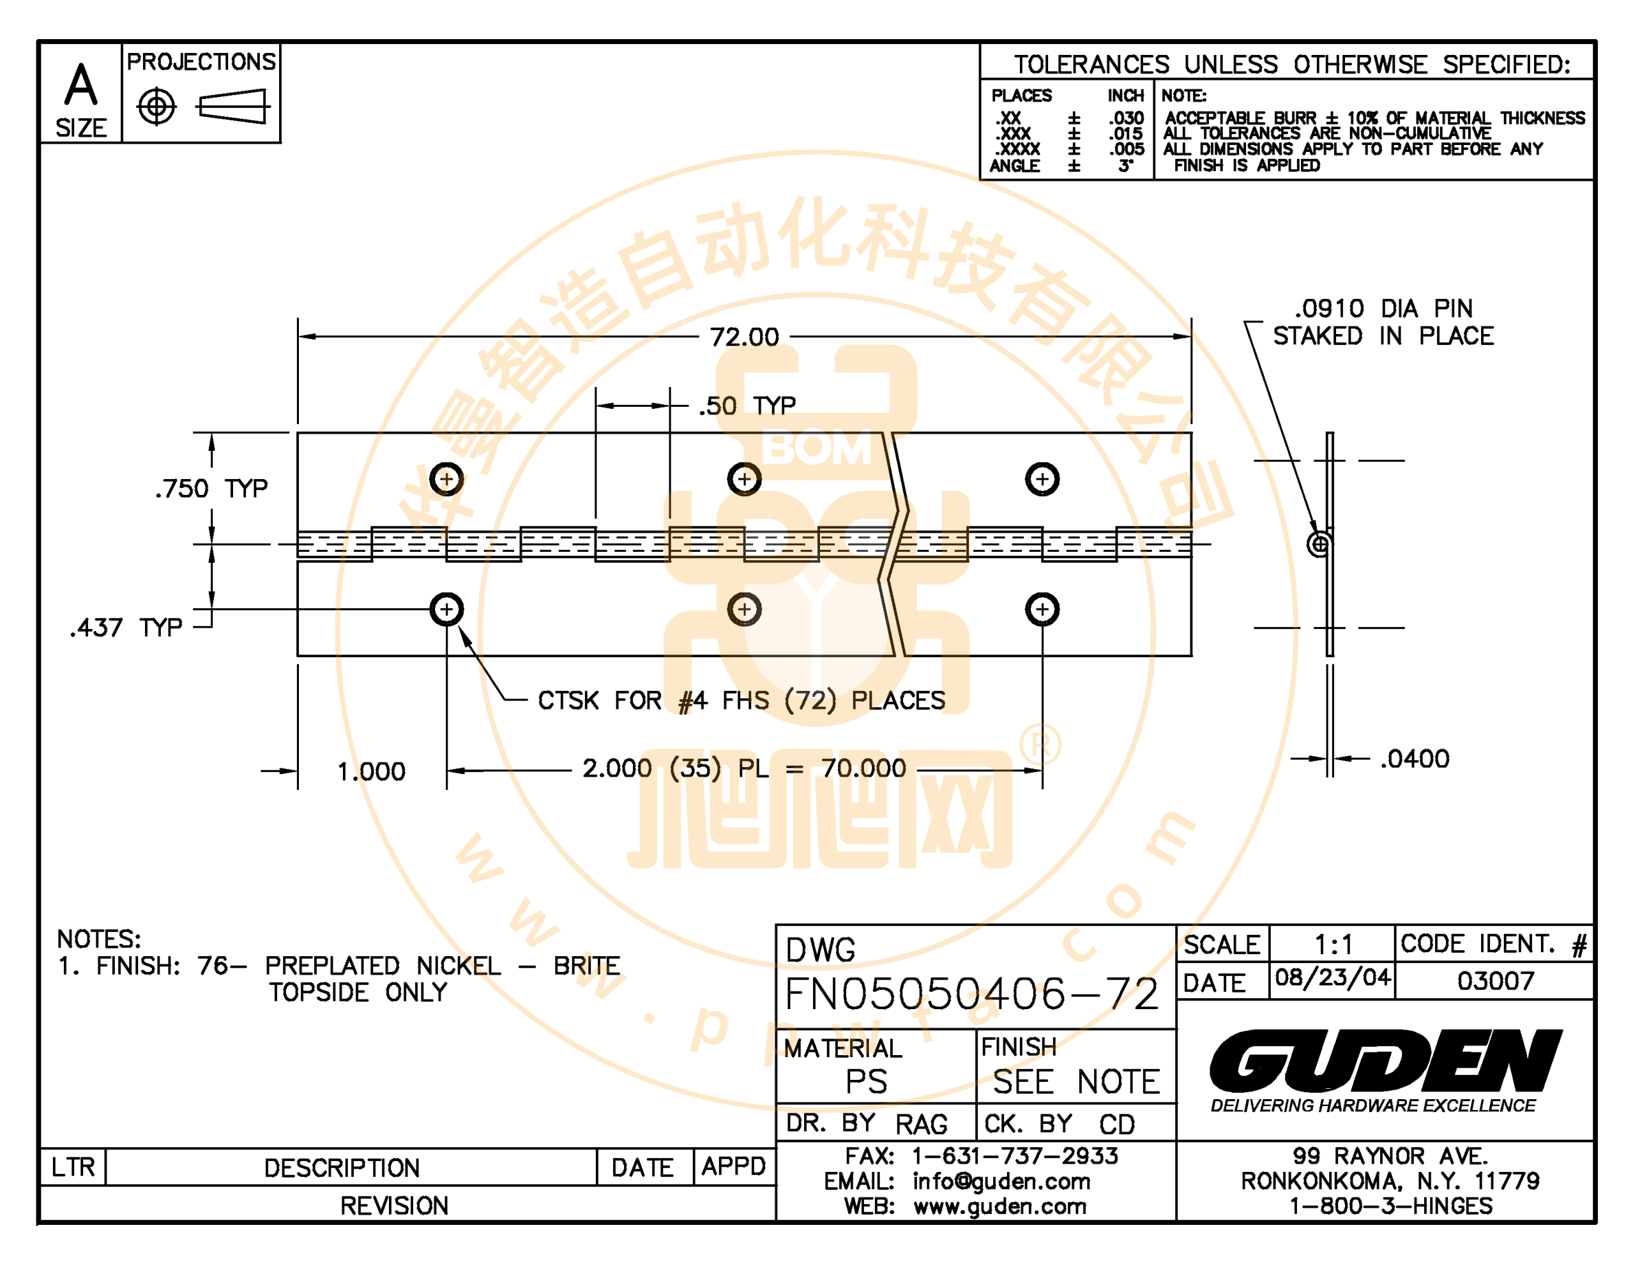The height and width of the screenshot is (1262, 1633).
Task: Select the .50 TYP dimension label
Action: pyautogui.click(x=747, y=406)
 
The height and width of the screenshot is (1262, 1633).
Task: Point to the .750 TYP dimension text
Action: pyautogui.click(x=212, y=489)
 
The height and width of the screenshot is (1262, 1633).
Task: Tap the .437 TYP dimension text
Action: pyautogui.click(x=126, y=628)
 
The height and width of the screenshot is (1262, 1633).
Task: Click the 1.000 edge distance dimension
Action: pyautogui.click(x=371, y=771)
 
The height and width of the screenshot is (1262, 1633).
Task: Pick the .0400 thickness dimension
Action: pyautogui.click(x=1414, y=759)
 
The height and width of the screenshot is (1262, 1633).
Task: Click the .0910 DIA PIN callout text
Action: pyautogui.click(x=1384, y=308)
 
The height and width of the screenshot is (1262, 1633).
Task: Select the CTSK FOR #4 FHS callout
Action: pyautogui.click(x=741, y=700)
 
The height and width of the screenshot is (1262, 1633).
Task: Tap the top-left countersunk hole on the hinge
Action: pyautogui.click(x=446, y=479)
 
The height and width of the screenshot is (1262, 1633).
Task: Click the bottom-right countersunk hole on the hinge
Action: pyautogui.click(x=1043, y=609)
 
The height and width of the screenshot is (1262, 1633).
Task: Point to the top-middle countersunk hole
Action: pyautogui.click(x=744, y=479)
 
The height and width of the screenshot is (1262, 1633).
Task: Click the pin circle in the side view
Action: pyautogui.click(x=1320, y=544)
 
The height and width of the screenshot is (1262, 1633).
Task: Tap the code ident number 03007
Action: pyautogui.click(x=1496, y=980)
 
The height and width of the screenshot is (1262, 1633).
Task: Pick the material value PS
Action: pyautogui.click(x=867, y=1081)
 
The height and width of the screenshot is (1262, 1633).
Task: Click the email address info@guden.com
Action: pyautogui.click(x=1001, y=1182)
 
